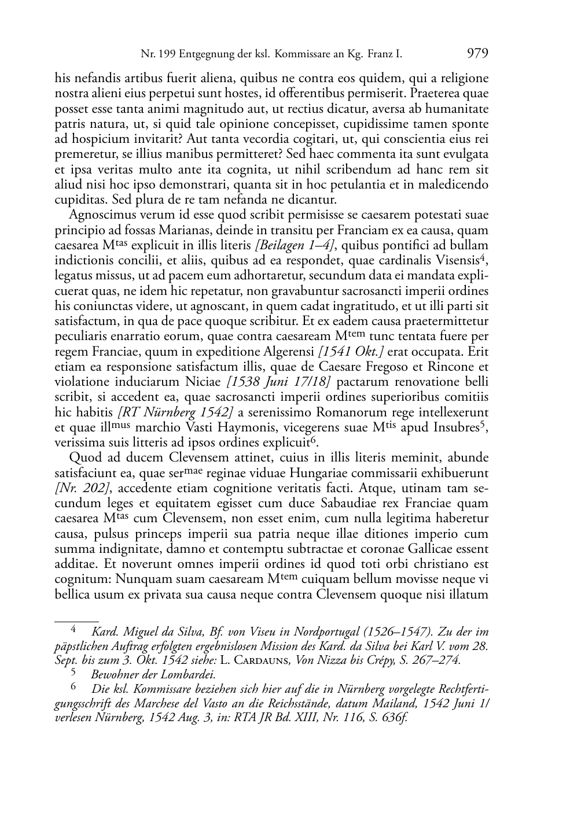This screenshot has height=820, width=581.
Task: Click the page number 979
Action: click(477, 54)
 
